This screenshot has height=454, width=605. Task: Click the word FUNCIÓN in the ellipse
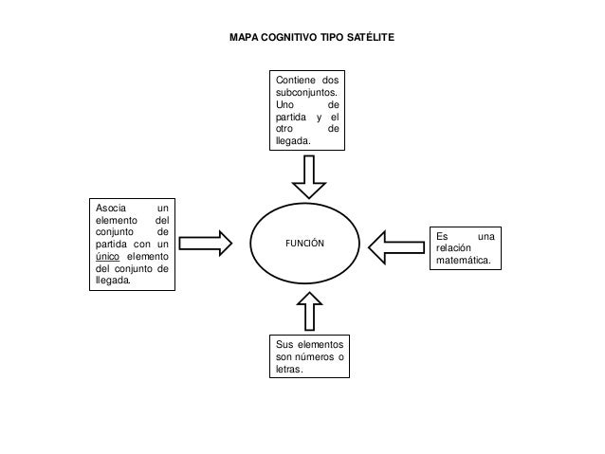pyautogui.click(x=304, y=243)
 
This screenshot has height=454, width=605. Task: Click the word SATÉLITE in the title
pyautogui.click(x=371, y=37)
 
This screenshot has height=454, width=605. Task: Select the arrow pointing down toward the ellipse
pyautogui.click(x=309, y=176)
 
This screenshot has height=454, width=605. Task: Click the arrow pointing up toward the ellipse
pyautogui.click(x=309, y=311)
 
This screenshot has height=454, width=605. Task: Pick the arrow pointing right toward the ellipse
pyautogui.click(x=206, y=244)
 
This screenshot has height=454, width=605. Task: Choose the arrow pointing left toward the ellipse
pyautogui.click(x=396, y=247)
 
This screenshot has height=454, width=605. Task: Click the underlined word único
pyautogui.click(x=108, y=256)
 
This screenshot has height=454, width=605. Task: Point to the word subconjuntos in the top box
pyautogui.click(x=306, y=93)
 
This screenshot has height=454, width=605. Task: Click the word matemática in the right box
pyautogui.click(x=464, y=260)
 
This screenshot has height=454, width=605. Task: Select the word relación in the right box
pyautogui.click(x=453, y=247)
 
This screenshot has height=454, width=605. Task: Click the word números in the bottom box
pyautogui.click(x=315, y=356)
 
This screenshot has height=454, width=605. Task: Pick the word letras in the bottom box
pyautogui.click(x=289, y=369)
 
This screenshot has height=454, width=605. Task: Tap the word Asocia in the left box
pyautogui.click(x=111, y=208)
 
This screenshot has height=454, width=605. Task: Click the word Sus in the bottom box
pyautogui.click(x=284, y=344)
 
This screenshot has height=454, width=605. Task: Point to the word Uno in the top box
pyautogui.click(x=284, y=104)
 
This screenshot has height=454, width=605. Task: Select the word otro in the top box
pyautogui.click(x=284, y=129)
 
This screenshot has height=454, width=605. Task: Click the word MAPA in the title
pyautogui.click(x=244, y=37)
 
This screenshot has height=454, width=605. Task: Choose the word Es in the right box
pyautogui.click(x=442, y=236)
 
